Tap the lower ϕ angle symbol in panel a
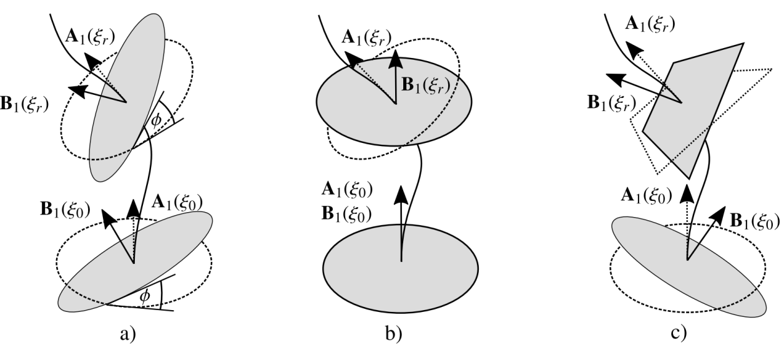(x=145, y=295)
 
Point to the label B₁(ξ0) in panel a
(x=66, y=205)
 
